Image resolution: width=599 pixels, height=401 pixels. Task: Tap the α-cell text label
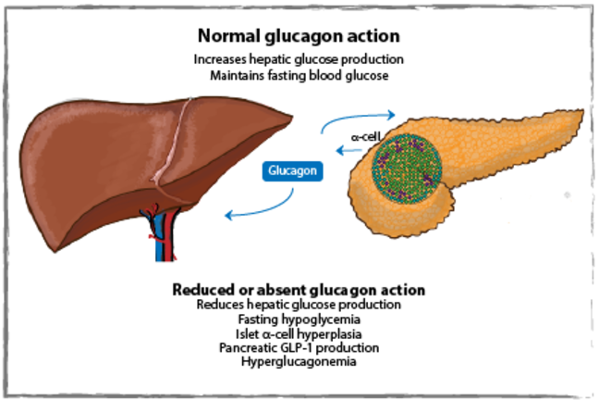368,135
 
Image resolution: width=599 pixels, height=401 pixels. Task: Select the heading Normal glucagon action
298,36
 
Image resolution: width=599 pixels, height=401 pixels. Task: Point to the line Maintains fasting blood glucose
298,74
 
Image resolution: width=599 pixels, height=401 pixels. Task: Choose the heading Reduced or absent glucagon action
298,289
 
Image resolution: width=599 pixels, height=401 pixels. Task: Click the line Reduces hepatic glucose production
298,304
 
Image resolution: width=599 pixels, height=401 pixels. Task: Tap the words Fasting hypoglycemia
298,319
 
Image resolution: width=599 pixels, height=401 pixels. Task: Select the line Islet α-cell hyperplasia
298,333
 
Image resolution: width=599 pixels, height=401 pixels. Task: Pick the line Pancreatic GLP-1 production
298,347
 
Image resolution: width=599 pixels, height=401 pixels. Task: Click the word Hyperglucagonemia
298,362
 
